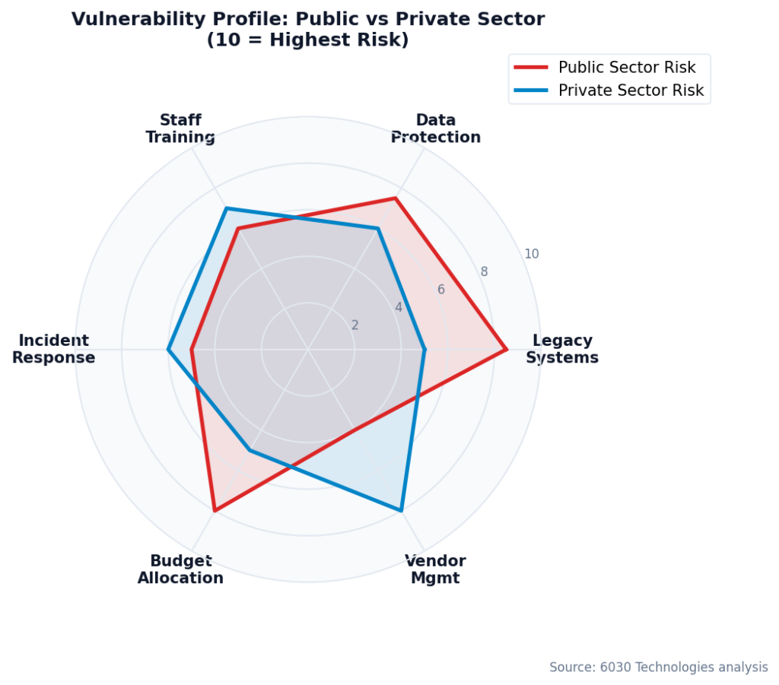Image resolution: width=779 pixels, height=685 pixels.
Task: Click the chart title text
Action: click(308, 30)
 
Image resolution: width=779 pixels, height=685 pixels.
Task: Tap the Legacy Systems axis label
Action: click(562, 349)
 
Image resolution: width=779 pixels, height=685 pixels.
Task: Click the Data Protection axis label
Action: click(436, 128)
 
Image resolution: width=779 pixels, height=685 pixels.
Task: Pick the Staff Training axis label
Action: click(180, 128)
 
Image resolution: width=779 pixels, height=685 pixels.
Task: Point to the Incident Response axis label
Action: click(53, 349)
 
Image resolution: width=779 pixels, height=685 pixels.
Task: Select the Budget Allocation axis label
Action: click(180, 569)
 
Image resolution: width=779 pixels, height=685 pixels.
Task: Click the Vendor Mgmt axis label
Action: click(435, 569)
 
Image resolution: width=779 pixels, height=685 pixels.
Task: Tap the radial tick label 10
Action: click(532, 254)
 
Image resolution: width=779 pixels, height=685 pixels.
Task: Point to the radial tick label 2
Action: click(355, 325)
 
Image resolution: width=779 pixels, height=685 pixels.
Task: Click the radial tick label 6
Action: click(440, 290)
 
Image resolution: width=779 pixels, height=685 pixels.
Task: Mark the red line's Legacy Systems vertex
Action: click(506, 350)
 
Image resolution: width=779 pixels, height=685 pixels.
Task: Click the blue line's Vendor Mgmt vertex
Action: click(401, 511)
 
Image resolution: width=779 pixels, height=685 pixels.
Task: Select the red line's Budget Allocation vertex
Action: click(215, 511)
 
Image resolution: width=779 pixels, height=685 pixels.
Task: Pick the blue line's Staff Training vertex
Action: click(226, 208)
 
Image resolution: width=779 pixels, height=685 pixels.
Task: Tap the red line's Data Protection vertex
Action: click(395, 198)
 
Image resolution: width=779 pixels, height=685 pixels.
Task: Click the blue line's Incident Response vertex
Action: click(168, 350)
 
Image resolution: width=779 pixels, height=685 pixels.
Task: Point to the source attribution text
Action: click(658, 667)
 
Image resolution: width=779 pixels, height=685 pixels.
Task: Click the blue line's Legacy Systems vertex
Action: click(424, 350)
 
